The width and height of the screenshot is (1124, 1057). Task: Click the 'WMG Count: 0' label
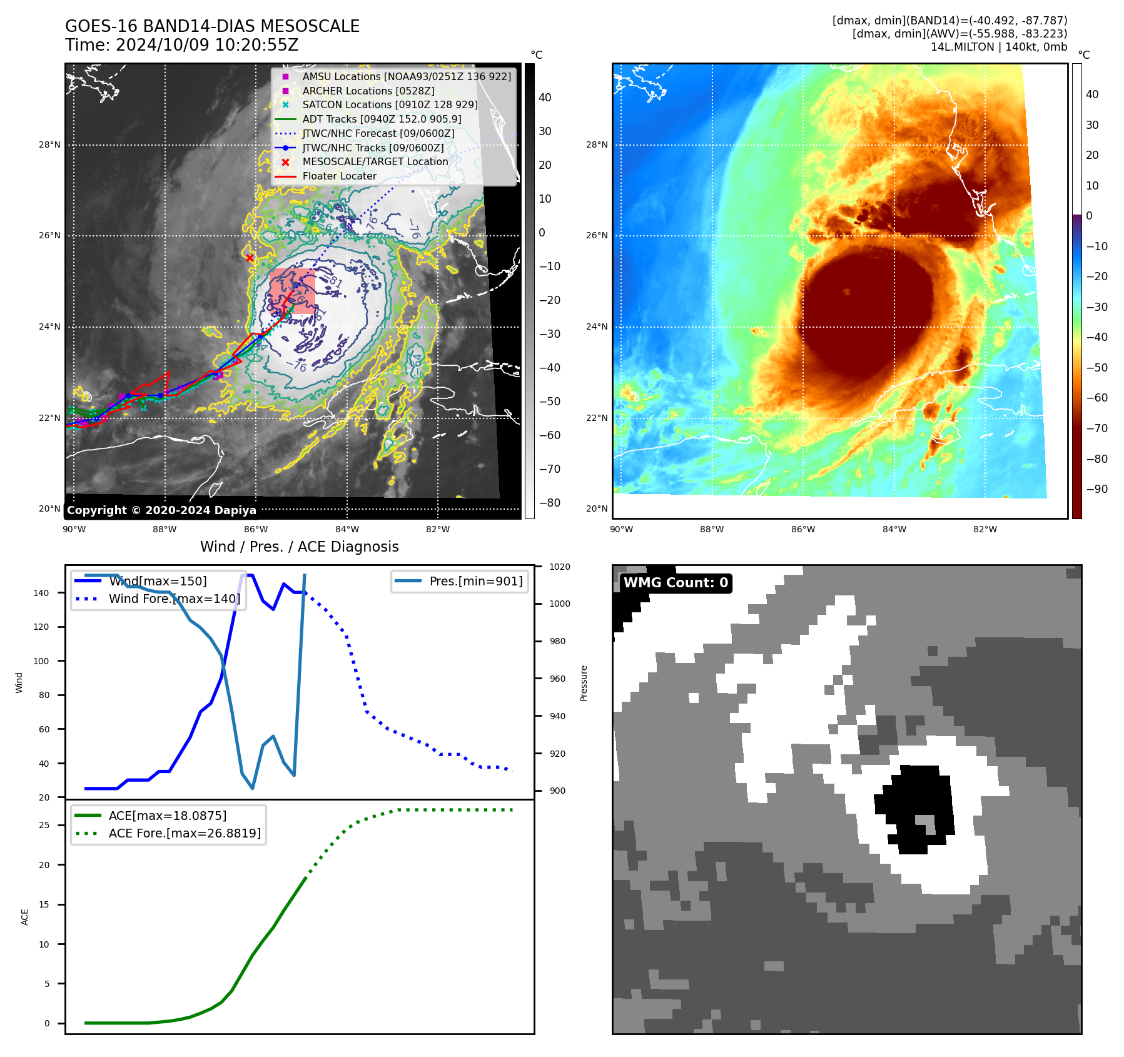676,583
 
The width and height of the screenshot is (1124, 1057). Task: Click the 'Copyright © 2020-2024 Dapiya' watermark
161,510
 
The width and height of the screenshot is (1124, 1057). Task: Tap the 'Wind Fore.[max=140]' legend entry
174,599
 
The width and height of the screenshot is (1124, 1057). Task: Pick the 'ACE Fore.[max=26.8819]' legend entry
185,833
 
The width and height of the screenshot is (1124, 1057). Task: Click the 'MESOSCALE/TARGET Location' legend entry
375,161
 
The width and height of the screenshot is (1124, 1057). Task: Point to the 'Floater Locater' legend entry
339,176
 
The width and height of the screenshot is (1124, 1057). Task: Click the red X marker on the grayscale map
250,258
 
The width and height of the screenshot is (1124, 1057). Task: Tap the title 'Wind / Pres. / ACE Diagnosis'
299,547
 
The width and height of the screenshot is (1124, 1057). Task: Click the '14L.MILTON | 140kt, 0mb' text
998,47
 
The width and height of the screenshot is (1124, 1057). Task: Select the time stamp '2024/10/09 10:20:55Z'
207,45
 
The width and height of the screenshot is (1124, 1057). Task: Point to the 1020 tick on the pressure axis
560,567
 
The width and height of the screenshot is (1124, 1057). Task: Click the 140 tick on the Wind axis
41,593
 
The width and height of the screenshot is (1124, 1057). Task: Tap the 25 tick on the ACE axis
44,825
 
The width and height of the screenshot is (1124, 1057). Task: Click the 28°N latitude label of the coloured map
597,144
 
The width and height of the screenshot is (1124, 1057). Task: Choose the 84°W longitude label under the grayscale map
347,529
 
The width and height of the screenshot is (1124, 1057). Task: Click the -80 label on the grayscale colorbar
550,503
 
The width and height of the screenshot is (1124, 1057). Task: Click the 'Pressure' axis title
584,683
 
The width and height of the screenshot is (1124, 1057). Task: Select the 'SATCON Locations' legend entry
389,104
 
